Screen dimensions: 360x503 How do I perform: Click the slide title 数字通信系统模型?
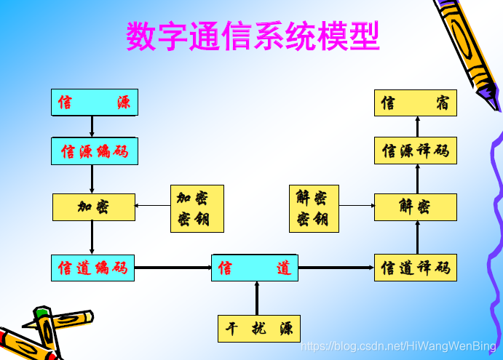253,36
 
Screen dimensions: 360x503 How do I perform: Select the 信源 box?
95,103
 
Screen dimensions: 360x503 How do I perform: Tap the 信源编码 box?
95,151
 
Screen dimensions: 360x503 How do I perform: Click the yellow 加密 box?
94,207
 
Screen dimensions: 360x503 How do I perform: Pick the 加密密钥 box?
197,209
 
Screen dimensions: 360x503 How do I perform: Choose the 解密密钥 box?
314,209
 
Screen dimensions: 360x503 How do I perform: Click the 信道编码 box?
93,268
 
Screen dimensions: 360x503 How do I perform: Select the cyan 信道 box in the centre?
255,268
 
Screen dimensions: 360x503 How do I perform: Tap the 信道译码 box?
416,268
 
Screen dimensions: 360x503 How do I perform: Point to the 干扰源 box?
258,328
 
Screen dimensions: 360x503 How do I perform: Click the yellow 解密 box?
416,207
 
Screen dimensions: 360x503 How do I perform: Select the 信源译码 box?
416,151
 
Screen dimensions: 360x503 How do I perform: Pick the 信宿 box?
416,103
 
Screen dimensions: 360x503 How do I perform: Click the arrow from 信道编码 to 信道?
173,268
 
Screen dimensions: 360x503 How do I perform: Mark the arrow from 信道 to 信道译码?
336,268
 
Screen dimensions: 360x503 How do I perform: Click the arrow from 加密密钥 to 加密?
153,206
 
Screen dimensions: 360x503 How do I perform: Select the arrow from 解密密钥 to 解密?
357,206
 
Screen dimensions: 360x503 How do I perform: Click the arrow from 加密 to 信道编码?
92,238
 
